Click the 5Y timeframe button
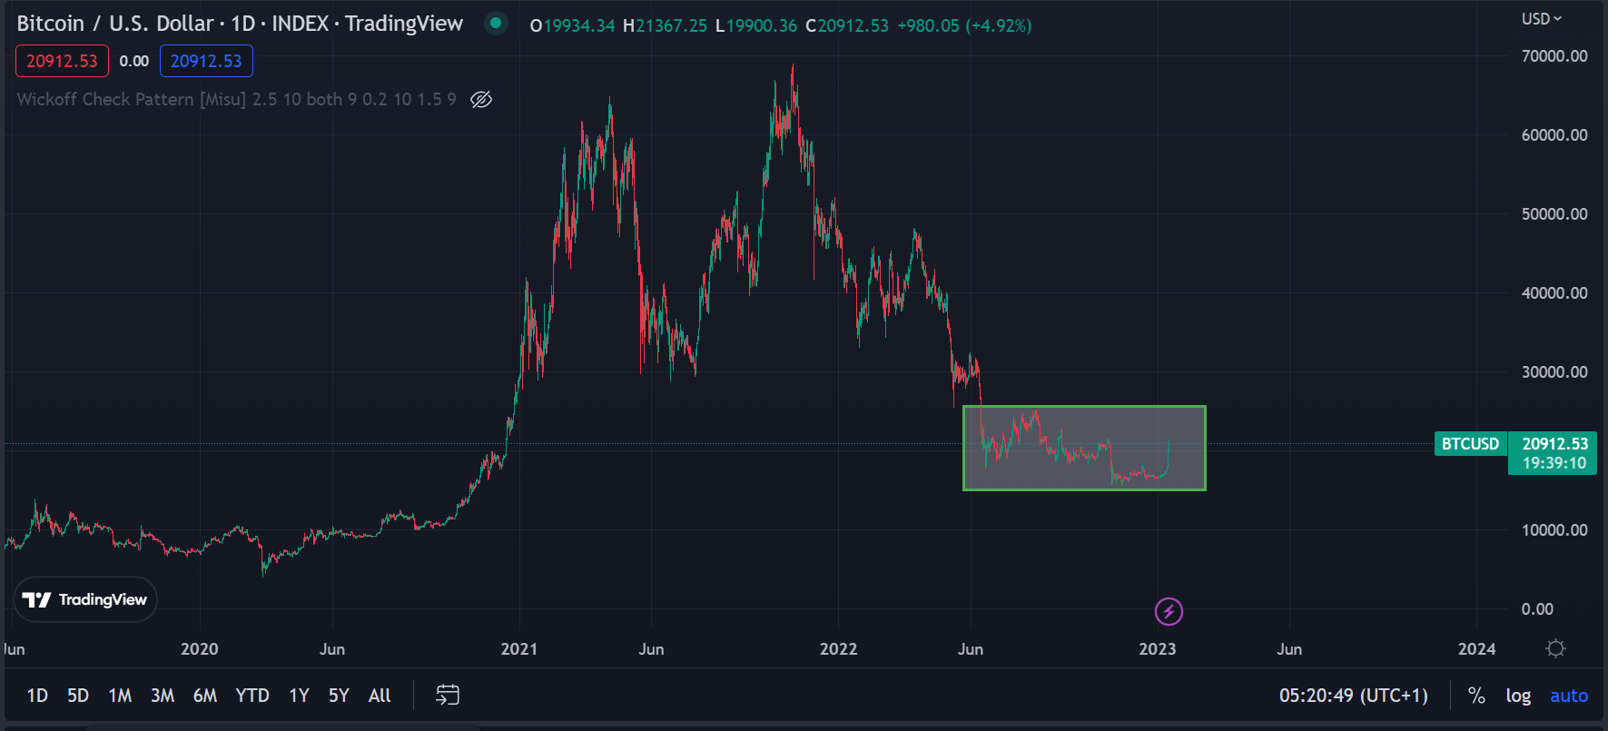coord(339,696)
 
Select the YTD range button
coord(252,696)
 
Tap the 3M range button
coord(163,696)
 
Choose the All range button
coord(380,696)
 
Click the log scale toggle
coord(1518,696)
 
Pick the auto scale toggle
coord(1569,696)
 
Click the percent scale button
coord(1477,696)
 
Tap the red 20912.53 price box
coord(62,61)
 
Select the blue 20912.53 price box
coord(206,61)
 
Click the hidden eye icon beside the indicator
coord(481,99)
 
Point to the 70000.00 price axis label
coord(1554,56)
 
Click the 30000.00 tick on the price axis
coord(1554,372)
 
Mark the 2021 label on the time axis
coord(518,649)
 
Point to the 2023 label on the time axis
coord(1157,649)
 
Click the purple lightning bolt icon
coord(1169,611)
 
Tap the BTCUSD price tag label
coord(1470,444)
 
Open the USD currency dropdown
coord(1542,19)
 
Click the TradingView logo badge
coord(85,599)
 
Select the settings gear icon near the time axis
coord(1555,648)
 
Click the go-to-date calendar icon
coord(448,696)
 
